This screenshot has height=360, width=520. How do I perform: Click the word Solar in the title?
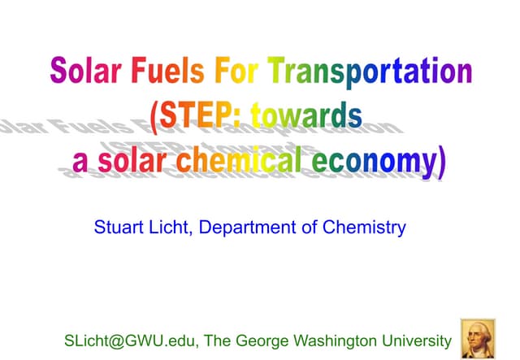[84, 71]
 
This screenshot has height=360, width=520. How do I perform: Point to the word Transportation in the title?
[370, 72]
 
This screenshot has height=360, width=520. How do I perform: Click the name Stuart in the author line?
[119, 227]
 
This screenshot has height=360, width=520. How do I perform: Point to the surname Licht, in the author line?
[171, 227]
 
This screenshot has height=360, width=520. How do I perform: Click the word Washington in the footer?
[340, 340]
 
